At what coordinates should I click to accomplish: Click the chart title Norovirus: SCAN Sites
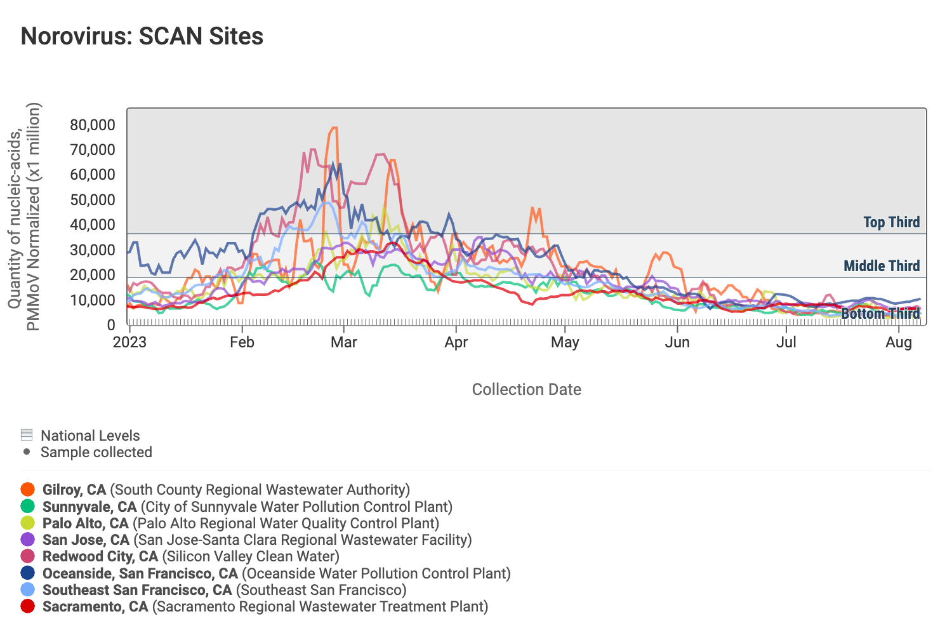point(142,36)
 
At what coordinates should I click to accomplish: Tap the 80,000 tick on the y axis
point(93,125)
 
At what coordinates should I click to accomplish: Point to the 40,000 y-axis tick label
point(93,225)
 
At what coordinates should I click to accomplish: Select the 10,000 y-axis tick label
point(93,300)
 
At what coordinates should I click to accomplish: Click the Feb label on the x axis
point(242,342)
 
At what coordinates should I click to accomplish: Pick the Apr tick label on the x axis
point(456,342)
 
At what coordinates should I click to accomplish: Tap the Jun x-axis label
point(677,342)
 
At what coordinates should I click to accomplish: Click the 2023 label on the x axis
point(129,342)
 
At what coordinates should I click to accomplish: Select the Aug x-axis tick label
point(899,342)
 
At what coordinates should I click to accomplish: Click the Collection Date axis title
point(526,389)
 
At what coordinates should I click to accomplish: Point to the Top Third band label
point(891,222)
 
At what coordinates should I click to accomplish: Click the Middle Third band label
point(882,266)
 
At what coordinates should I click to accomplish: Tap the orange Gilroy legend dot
point(27,490)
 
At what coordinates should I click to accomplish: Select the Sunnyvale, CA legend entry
point(89,507)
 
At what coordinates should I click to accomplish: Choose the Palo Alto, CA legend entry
point(86,523)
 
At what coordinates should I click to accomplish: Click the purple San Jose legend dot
point(27,540)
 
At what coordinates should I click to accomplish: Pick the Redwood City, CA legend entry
point(100,556)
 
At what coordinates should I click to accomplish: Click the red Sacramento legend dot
point(27,606)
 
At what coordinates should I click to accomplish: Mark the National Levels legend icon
point(27,436)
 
